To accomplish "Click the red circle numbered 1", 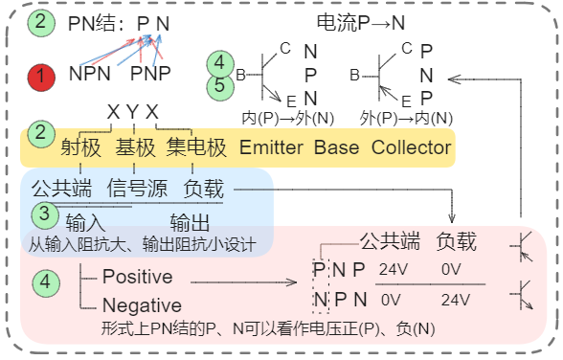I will click(41, 75).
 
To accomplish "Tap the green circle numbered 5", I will click(219, 87).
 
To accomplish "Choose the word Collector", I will click(411, 147).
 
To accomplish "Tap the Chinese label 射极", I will click(79, 147).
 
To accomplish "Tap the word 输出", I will click(190, 224).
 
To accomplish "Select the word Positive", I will click(137, 278).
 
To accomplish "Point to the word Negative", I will click(141, 305).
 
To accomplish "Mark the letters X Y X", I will click(133, 111).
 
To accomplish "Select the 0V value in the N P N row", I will click(391, 299).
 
